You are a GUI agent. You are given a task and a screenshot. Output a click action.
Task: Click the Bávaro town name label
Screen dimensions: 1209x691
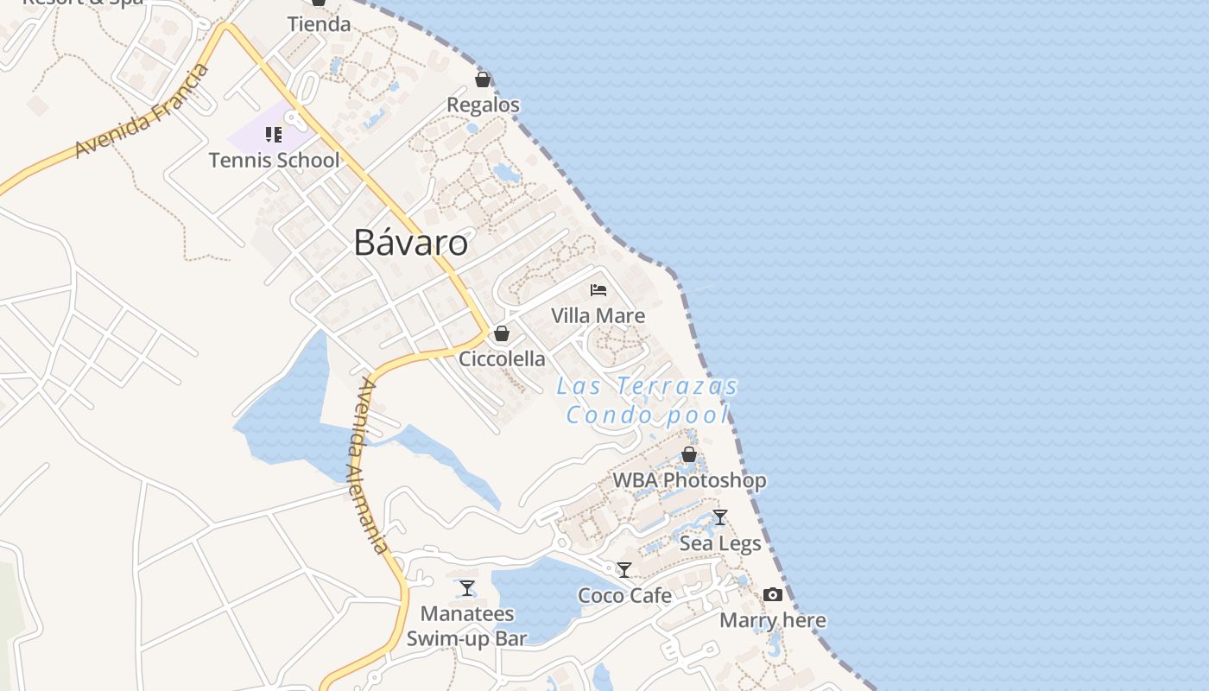411,244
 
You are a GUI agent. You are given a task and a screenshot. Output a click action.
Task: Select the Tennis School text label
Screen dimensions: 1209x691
275,160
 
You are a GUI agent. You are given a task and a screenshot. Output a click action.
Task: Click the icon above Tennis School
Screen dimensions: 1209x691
274,135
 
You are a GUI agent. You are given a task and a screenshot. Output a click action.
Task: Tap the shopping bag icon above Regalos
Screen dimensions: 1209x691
483,80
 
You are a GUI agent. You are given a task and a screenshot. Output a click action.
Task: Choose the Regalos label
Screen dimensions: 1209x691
483,105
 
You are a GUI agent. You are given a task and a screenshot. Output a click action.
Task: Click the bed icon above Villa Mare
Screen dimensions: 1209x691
598,290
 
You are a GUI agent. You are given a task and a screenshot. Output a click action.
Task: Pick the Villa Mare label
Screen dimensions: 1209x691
598,315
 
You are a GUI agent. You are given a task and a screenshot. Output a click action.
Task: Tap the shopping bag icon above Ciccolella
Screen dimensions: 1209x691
502,333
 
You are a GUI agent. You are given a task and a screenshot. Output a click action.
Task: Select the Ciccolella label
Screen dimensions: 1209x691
502,358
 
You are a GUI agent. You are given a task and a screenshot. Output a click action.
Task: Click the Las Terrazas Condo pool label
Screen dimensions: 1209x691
648,401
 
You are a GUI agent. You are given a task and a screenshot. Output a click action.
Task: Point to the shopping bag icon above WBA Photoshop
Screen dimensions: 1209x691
689,454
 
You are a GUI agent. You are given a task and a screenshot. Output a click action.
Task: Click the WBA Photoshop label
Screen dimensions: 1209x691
689,480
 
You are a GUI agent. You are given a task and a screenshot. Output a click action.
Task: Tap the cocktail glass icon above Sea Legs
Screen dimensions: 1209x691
720,517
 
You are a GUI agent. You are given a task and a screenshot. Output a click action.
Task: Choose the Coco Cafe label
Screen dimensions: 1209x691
624,595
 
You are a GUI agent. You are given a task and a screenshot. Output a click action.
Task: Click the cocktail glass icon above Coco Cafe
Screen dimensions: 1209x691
624,570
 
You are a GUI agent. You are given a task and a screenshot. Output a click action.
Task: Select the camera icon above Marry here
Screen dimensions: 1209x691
773,594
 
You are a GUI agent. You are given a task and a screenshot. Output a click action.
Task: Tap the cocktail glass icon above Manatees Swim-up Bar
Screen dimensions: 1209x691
467,588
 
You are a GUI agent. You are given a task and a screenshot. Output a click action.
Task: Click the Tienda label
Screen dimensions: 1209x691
319,24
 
